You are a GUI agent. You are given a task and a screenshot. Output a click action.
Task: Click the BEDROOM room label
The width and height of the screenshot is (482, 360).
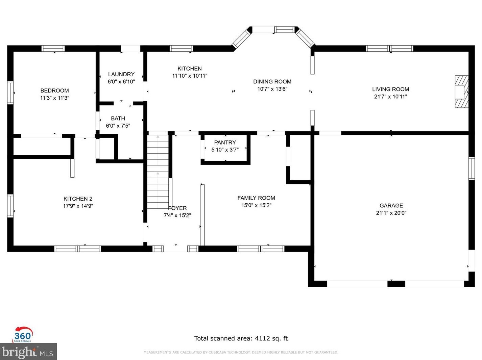[x=54, y=91]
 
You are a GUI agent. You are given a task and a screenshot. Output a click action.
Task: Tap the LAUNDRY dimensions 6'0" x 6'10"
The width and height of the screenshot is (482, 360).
[x=121, y=82]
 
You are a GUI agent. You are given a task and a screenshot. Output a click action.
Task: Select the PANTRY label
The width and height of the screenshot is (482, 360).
[x=225, y=143]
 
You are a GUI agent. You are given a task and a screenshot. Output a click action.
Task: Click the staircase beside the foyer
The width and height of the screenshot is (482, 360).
[x=158, y=172]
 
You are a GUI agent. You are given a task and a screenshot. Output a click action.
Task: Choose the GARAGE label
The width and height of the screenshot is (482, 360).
[x=391, y=205]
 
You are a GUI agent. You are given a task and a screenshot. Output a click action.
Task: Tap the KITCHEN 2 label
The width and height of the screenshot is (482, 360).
[x=78, y=199]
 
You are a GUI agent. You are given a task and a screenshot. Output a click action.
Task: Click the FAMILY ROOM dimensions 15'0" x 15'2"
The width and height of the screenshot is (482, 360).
[x=256, y=205]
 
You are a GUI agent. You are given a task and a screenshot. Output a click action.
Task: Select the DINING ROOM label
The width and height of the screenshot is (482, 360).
[x=272, y=81]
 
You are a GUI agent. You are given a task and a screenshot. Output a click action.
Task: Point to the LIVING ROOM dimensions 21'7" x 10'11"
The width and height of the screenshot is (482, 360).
[x=390, y=96]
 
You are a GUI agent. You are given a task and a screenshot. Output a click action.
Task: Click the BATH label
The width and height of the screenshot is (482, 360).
[x=118, y=118]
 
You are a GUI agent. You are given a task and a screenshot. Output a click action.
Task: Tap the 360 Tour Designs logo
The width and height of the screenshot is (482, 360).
[x=23, y=334]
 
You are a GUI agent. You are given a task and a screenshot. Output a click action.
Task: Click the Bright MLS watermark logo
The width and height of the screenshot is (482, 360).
[x=28, y=351]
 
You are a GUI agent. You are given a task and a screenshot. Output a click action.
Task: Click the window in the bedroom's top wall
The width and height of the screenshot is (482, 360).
[x=53, y=48]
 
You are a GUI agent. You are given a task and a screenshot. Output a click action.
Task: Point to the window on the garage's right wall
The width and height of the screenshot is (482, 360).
[x=472, y=169]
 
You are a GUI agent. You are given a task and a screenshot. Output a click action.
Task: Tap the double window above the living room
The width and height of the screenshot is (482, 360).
[x=389, y=48]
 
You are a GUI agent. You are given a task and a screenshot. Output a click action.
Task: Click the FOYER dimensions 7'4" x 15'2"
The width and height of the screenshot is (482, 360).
[x=177, y=215]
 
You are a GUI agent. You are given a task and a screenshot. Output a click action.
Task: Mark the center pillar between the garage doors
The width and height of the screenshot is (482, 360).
[x=396, y=284]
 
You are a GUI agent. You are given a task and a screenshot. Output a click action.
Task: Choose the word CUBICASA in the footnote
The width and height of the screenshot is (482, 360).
[x=217, y=352]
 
